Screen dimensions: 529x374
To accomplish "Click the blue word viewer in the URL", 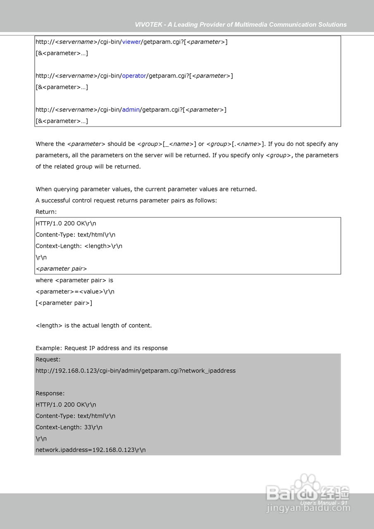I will pos(131,42).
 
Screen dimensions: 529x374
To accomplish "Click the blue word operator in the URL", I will pos(134,76).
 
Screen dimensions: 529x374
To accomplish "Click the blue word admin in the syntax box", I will pos(131,110).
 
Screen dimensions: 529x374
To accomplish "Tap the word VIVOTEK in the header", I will pos(148,25).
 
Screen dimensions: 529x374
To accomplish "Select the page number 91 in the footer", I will pos(344,503).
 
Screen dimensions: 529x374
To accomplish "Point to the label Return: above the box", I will pos(46,212).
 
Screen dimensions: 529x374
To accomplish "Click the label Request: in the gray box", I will pos(48,360).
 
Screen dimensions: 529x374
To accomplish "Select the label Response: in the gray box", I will pos(50,393).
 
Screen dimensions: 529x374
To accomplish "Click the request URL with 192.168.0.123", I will pos(136,371).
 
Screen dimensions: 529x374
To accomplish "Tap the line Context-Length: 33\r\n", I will pos(69,427).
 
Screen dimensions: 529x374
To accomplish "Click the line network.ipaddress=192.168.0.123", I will pos(91,450).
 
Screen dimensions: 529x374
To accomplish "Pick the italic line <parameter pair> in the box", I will pos(61,269).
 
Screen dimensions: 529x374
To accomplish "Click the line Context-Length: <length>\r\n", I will pos(79,246).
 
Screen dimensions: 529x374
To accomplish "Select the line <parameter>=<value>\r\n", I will pos(75,291).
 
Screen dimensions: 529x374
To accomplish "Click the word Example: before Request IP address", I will pos(49,348).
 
